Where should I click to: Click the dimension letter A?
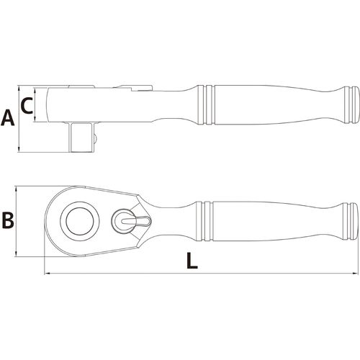click(x=8, y=118)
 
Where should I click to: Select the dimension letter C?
click(x=27, y=106)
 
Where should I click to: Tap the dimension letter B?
click(x=8, y=220)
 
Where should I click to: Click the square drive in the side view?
click(x=81, y=137)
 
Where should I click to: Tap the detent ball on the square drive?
click(x=95, y=138)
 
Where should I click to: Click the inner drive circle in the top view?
click(x=80, y=221)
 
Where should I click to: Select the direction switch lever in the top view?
click(x=135, y=220)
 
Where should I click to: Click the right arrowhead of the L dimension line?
click(x=355, y=274)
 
